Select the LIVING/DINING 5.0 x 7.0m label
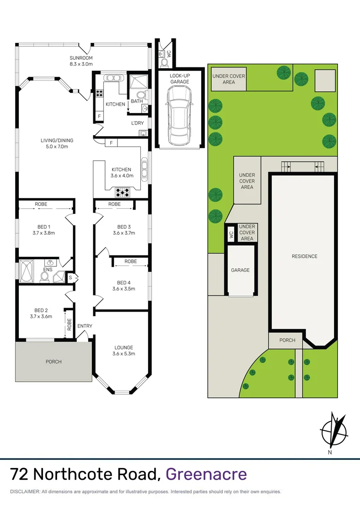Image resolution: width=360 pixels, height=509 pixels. (57, 143)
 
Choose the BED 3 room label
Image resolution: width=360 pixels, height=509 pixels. (123, 230)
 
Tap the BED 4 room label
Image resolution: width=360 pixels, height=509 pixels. (123, 286)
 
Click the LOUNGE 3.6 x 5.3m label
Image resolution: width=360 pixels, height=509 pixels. (123, 351)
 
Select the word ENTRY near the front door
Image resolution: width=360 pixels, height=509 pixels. (85, 326)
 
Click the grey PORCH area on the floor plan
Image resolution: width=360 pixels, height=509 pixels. (53, 361)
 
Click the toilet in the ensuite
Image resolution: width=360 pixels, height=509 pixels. (45, 278)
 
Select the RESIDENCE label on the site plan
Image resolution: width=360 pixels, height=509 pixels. (304, 256)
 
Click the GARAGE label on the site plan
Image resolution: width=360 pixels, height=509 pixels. (240, 270)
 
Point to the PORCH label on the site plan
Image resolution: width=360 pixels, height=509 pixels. (287, 340)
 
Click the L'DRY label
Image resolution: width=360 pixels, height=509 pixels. (137, 123)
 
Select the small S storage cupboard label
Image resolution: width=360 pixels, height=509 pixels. (71, 277)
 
